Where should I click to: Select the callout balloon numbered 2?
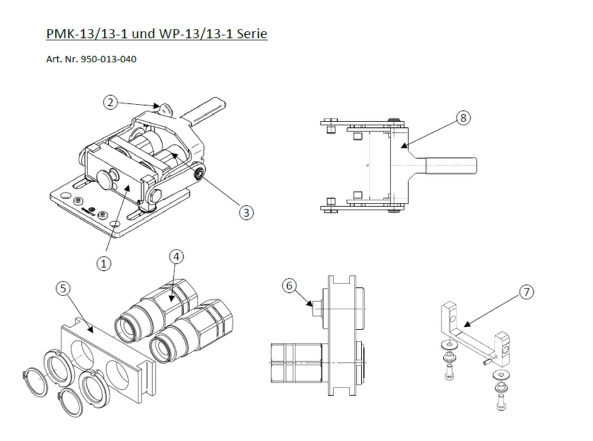(x=111, y=101)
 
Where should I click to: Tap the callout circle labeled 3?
(x=246, y=213)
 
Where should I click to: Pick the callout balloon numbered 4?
(x=177, y=256)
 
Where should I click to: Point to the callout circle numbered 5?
(x=62, y=288)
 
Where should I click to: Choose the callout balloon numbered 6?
(x=289, y=285)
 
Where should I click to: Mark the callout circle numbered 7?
(x=526, y=292)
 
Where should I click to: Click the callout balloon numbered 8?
(x=463, y=118)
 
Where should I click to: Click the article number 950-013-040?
(x=109, y=60)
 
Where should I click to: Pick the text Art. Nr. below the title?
(x=62, y=60)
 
